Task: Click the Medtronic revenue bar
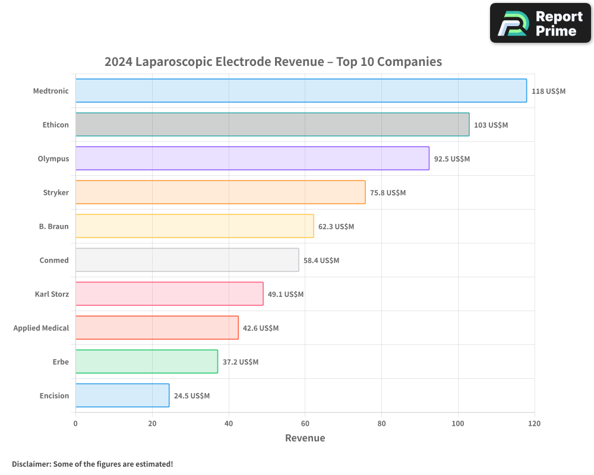301,91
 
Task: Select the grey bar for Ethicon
272,125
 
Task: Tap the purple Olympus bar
252,159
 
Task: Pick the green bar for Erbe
146,362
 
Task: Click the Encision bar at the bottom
122,395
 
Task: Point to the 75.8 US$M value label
388,193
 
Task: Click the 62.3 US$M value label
336,227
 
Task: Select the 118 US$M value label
548,91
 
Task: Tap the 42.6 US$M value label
261,328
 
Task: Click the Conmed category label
54,261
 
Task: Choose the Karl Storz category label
52,294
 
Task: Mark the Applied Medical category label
41,328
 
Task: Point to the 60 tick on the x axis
305,424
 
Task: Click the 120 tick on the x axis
534,424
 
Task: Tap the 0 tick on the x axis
75,424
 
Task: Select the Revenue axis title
305,438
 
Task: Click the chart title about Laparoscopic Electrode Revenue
273,62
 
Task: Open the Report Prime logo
540,23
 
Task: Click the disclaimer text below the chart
92,464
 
